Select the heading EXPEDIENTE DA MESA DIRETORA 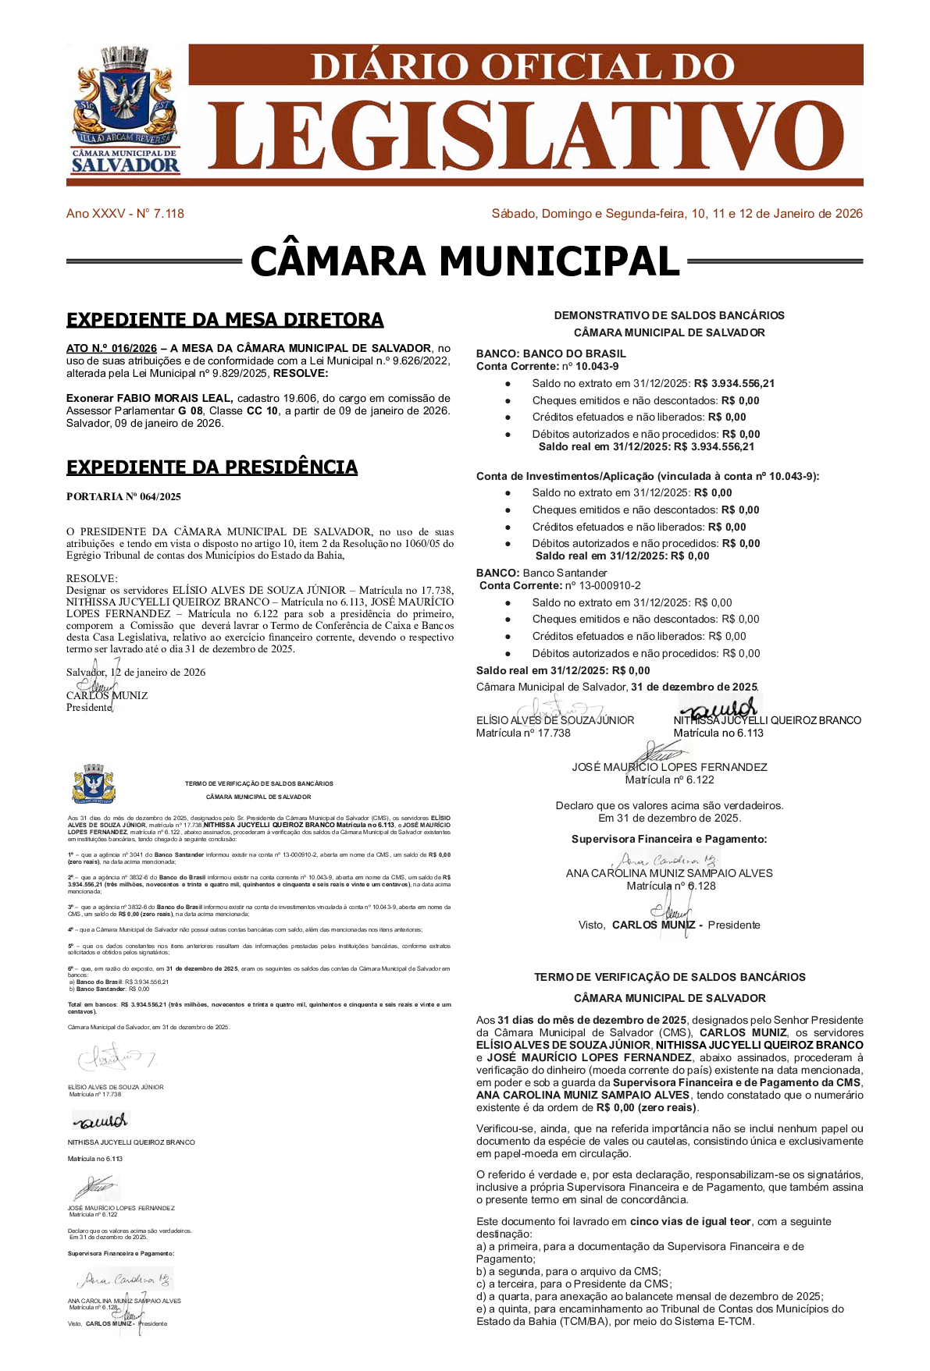[225, 320]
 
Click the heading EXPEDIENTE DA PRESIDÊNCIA [212, 467]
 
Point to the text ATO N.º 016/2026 [112, 348]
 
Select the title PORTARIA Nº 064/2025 [123, 496]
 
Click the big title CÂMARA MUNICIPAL [465, 261]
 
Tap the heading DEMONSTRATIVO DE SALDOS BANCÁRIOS [669, 315]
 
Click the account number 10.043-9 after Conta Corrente [597, 366]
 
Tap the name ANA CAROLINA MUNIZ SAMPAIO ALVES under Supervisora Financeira [669, 873]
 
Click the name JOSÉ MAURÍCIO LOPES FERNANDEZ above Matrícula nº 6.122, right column [669, 767]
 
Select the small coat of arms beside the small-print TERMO [94, 783]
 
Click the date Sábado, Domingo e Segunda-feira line [676, 214]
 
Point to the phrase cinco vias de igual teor [690, 1221]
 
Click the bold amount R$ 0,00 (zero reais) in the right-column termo [646, 1107]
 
